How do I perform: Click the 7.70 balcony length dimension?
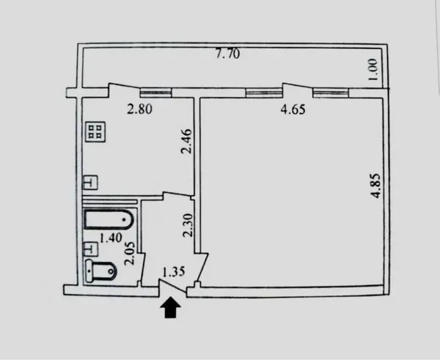coord(228,54)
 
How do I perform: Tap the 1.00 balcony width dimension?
coord(373,70)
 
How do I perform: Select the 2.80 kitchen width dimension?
coord(139,109)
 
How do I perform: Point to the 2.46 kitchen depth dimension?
coord(186,141)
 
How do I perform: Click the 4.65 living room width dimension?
coord(293,109)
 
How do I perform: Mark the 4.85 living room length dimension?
coord(375,185)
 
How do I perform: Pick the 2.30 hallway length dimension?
coord(188,225)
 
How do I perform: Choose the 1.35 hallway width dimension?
coord(174,271)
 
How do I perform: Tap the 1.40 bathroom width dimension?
coord(111,238)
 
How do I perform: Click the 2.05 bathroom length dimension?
coord(130,254)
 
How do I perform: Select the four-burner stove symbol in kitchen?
coord(95,131)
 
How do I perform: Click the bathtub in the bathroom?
coord(109,219)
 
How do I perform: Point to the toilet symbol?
coord(100,271)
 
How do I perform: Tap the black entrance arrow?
coord(170,308)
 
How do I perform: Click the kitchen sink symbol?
coord(90,183)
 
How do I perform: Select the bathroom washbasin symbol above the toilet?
coord(90,249)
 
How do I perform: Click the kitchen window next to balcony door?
coord(155,92)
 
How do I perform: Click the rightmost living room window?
coord(331,93)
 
